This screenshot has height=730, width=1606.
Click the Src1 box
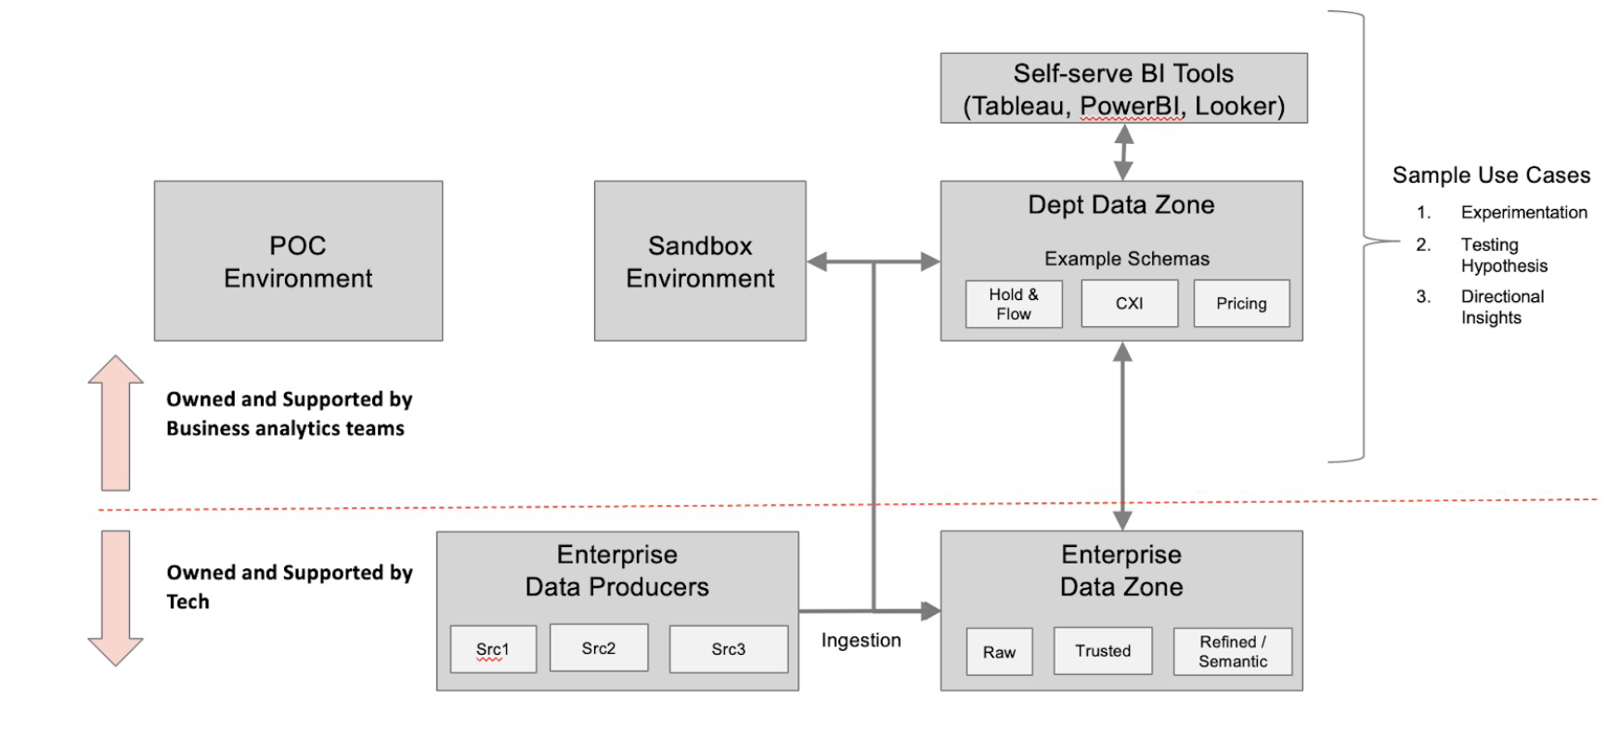click(x=493, y=649)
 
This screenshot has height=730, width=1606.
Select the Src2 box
click(x=599, y=648)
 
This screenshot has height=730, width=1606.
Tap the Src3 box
click(x=729, y=649)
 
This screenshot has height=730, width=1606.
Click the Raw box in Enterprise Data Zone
click(x=999, y=652)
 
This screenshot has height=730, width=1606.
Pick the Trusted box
click(x=1103, y=651)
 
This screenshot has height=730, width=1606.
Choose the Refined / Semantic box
click(x=1232, y=652)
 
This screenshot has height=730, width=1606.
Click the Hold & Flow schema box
click(x=1014, y=304)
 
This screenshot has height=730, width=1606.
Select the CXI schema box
click(x=1129, y=304)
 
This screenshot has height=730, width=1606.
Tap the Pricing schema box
click(x=1241, y=304)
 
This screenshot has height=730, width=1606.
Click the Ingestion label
click(x=861, y=641)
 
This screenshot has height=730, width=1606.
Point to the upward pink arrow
click(x=116, y=423)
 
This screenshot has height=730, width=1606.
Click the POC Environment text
click(x=298, y=262)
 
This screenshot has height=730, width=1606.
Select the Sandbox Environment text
click(x=700, y=262)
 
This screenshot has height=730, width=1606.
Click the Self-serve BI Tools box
click(x=1123, y=89)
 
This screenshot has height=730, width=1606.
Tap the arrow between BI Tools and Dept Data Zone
click(x=1123, y=152)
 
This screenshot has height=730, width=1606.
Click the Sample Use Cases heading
click(x=1491, y=176)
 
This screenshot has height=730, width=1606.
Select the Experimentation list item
click(x=1523, y=213)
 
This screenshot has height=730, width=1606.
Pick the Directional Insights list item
click(x=1502, y=306)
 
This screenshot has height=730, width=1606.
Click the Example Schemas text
click(x=1127, y=259)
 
